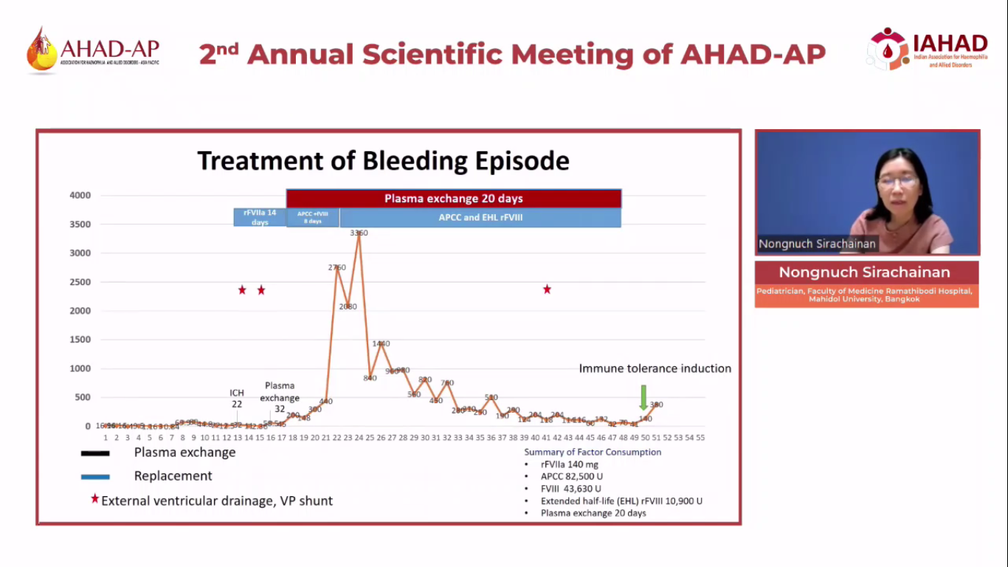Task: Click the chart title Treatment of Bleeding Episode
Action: pyautogui.click(x=383, y=161)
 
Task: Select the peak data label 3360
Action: pyautogui.click(x=359, y=233)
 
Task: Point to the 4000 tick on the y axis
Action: pyautogui.click(x=80, y=196)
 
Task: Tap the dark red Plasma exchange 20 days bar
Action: pyautogui.click(x=453, y=199)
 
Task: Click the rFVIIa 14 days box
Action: pyautogui.click(x=260, y=217)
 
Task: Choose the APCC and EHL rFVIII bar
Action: pyautogui.click(x=480, y=218)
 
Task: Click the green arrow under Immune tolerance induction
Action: pyautogui.click(x=643, y=397)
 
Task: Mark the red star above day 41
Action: pyautogui.click(x=547, y=289)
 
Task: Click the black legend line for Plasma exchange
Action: pyautogui.click(x=95, y=453)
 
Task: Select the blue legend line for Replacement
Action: pyautogui.click(x=95, y=477)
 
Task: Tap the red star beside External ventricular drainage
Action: pyautogui.click(x=94, y=499)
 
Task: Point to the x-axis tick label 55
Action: pyautogui.click(x=700, y=438)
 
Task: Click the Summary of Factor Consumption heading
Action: pyautogui.click(x=593, y=452)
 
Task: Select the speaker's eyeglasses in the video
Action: pyautogui.click(x=897, y=181)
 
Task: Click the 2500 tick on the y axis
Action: pyautogui.click(x=80, y=282)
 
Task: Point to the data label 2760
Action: pyautogui.click(x=336, y=267)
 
